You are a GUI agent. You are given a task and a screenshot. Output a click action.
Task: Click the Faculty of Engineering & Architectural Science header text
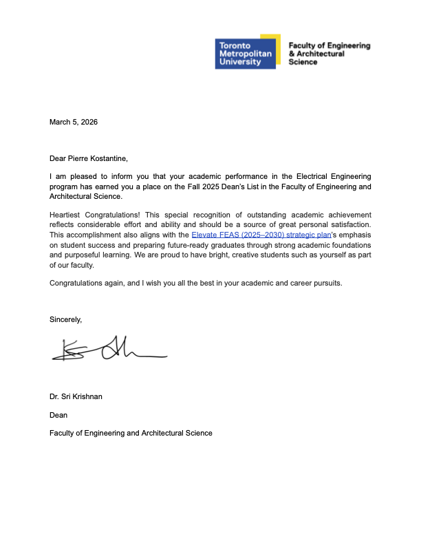pos(329,53)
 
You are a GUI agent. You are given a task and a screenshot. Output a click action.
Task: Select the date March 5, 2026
pos(74,122)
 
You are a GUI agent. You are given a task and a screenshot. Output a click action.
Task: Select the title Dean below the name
pos(58,415)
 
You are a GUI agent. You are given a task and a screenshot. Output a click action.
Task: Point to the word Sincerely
pos(65,319)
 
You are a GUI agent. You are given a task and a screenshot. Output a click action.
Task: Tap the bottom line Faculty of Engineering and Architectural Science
pos(131,433)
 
